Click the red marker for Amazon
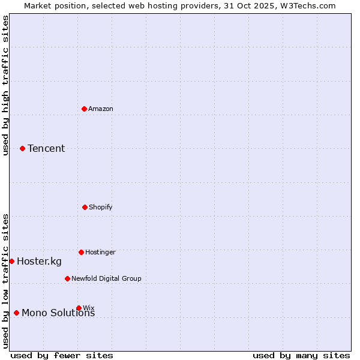tap(84, 109)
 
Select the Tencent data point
tap(22, 148)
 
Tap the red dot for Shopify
tap(85, 207)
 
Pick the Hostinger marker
tap(81, 252)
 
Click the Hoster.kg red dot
tap(11, 261)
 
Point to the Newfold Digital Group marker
tap(67, 278)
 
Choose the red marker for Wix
tap(79, 308)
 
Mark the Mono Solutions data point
tap(16, 313)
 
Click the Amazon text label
tap(101, 109)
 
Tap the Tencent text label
tap(46, 148)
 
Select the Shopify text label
tap(101, 207)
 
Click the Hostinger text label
tap(100, 252)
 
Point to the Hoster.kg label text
tap(39, 261)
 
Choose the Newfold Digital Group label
tap(106, 278)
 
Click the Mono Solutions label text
tap(58, 313)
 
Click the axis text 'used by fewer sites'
tap(62, 355)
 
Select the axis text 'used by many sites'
tap(301, 355)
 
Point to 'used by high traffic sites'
tap(5, 85)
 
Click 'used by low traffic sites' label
tap(5, 280)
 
